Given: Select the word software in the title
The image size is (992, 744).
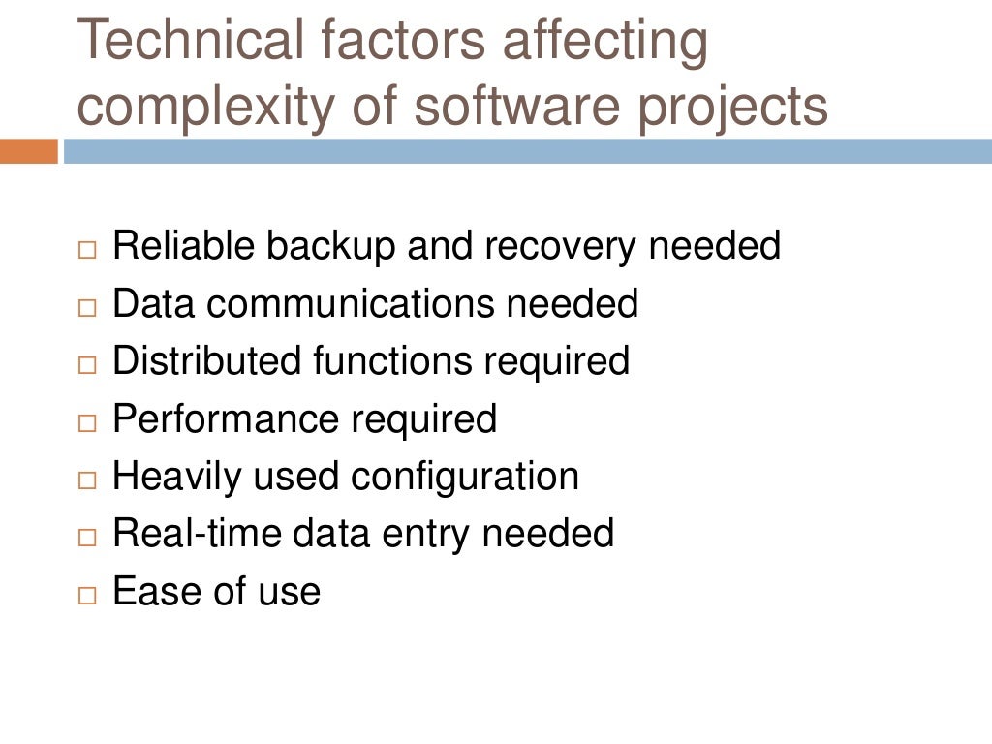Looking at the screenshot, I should (517, 107).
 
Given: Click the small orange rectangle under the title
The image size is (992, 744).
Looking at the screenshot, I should (28, 152).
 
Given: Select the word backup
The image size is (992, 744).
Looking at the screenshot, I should (330, 246).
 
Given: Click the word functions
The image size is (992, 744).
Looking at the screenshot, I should (393, 361).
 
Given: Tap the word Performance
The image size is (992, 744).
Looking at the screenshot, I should (226, 419).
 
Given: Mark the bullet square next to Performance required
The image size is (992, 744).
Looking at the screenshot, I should (88, 423).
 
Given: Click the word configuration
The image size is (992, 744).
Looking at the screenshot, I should (464, 477).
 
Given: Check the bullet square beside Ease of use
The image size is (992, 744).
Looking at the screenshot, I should (88, 596).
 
